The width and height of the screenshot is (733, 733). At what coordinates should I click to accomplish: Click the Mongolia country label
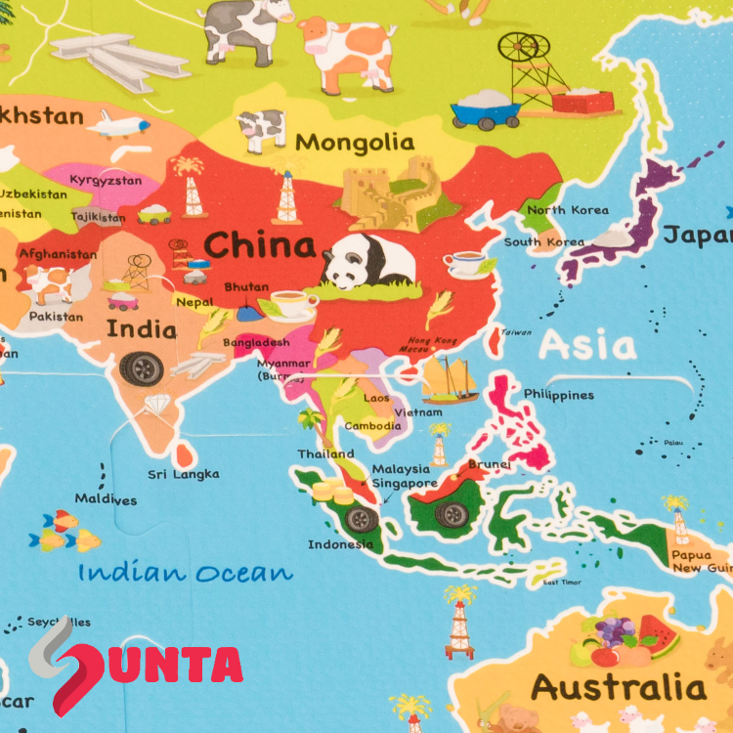pyautogui.click(x=355, y=142)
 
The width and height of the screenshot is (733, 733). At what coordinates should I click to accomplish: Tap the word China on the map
pyautogui.click(x=259, y=243)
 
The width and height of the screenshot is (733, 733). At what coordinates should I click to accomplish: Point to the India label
pyautogui.click(x=142, y=328)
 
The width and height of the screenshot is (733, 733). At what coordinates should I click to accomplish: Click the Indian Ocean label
pyautogui.click(x=186, y=572)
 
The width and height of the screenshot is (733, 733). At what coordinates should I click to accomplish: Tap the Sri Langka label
pyautogui.click(x=184, y=474)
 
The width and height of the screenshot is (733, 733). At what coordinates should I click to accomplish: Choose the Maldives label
pyautogui.click(x=106, y=499)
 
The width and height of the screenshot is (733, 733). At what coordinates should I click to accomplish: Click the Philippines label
pyautogui.click(x=558, y=395)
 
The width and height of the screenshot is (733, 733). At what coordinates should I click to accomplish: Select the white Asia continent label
pyautogui.click(x=587, y=345)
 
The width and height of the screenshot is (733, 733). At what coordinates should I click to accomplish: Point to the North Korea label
pyautogui.click(x=568, y=210)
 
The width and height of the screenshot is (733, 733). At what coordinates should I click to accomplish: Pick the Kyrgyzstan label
pyautogui.click(x=106, y=181)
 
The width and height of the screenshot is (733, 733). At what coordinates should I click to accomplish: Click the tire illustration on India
pyautogui.click(x=143, y=367)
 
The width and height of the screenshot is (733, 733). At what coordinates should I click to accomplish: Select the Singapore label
pyautogui.click(x=405, y=483)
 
